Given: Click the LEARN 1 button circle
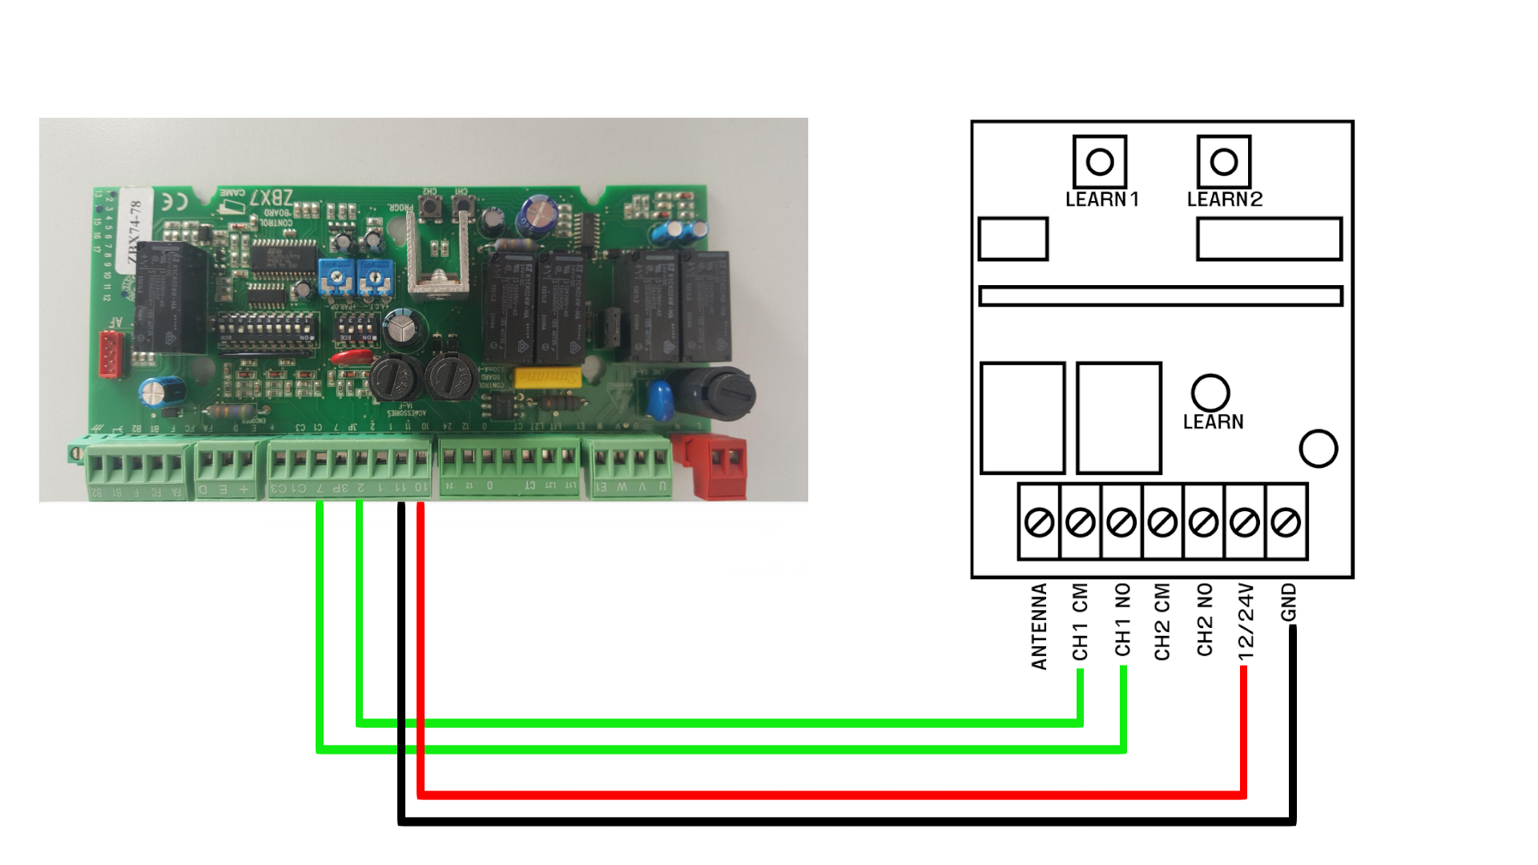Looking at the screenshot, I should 1100,162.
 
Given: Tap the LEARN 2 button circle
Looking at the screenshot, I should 1224,162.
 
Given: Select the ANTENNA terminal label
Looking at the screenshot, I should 1039,626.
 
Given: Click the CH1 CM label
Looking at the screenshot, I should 1081,622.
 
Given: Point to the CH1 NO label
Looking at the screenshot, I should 1123,619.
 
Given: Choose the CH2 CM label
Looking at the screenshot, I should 1162,622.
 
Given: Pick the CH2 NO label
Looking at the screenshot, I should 1205,619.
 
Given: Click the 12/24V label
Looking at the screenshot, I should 1246,622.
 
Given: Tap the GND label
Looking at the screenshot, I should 1288,601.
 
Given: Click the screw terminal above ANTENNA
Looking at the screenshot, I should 1040,523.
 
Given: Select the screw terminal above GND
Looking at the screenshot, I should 1286,523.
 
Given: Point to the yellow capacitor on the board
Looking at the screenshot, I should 548,377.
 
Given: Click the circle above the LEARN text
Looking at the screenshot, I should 1210,392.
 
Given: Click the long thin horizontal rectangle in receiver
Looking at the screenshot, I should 1161,296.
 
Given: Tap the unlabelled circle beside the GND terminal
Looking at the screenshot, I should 1319,449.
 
